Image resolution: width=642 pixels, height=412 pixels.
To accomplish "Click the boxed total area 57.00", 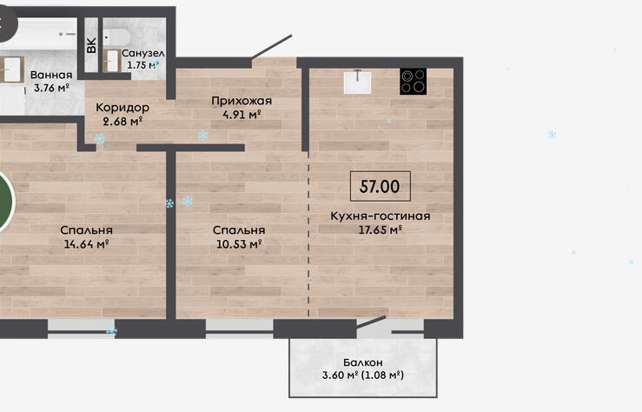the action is (x=381, y=186).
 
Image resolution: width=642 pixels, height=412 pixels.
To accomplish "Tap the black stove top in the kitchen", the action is (x=414, y=81).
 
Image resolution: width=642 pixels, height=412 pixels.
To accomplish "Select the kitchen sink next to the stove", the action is (x=357, y=82).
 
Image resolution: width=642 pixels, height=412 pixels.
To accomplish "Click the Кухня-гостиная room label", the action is (x=381, y=216).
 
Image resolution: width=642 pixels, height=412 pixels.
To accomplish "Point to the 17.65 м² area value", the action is (x=381, y=229).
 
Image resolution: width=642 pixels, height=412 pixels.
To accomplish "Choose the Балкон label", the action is (x=363, y=362).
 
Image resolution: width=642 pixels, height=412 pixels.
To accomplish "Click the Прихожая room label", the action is (x=242, y=101).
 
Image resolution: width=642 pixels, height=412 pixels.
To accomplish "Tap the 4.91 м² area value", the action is (x=242, y=114).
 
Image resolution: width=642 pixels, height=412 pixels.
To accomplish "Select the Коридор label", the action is (x=122, y=108).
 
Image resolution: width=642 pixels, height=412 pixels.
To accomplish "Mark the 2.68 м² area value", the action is (x=122, y=121).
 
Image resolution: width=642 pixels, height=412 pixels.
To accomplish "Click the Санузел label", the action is (x=143, y=53).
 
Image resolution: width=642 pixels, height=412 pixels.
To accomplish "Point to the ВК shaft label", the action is (x=91, y=45).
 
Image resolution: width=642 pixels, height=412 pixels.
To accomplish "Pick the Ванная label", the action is (x=51, y=75).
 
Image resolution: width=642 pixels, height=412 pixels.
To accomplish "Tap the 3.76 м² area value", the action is (x=51, y=88).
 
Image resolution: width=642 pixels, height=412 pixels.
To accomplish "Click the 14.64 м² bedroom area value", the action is (x=86, y=244).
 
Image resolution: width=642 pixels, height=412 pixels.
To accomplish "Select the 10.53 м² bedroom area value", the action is (x=239, y=244).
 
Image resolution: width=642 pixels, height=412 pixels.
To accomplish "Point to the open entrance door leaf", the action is (x=271, y=47).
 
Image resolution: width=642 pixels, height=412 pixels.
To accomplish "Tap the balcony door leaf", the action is (x=371, y=322).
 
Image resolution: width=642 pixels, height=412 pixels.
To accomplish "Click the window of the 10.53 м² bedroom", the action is (x=239, y=329).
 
